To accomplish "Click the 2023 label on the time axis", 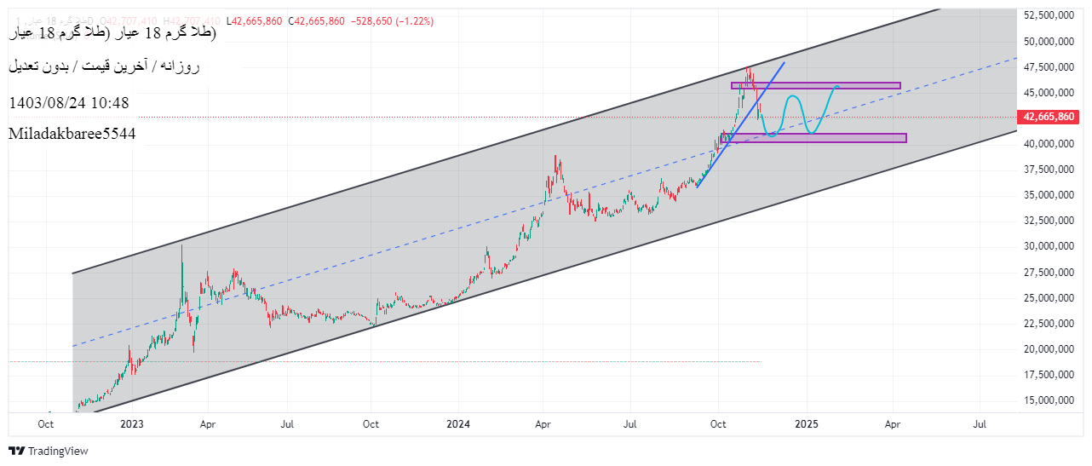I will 132,423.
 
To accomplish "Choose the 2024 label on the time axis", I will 458,423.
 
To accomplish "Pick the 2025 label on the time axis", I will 807,423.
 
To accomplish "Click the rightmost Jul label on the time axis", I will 980,423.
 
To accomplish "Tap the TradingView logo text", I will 58,451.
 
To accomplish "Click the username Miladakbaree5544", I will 72,134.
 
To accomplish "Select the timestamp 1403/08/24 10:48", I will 69,103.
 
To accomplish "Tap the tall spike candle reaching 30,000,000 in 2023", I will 181,256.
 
